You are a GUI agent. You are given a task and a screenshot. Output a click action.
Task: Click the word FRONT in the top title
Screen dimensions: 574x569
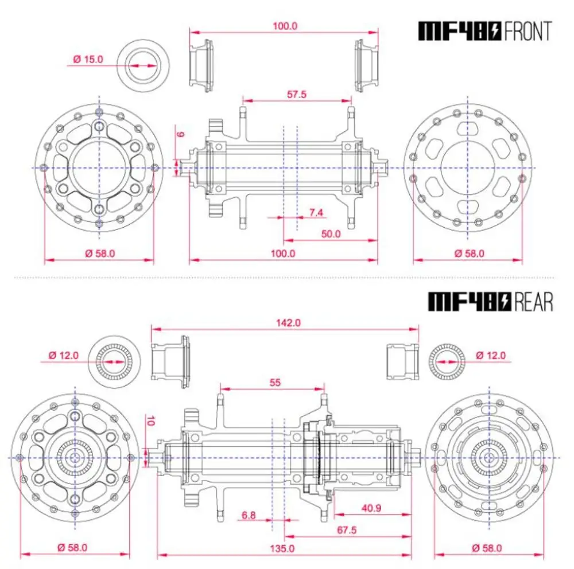(528, 31)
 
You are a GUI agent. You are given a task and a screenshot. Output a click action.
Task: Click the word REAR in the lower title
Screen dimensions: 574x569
(533, 302)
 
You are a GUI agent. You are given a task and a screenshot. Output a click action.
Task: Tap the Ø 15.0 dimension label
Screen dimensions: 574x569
(88, 59)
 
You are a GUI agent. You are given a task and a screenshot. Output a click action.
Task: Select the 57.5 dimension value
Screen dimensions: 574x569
(297, 95)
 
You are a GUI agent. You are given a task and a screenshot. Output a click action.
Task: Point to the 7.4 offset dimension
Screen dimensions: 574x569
(316, 212)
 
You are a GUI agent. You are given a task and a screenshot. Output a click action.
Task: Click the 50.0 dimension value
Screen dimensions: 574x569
(331, 234)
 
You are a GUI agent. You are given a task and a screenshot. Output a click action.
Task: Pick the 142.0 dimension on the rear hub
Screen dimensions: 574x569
(288, 323)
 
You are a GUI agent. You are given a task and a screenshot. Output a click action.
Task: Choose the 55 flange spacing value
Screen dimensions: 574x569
(275, 383)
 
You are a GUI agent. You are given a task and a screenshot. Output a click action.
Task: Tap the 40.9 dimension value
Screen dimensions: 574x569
(371, 508)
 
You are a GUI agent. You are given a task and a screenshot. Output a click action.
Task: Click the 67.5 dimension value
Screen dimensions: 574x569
(346, 530)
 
